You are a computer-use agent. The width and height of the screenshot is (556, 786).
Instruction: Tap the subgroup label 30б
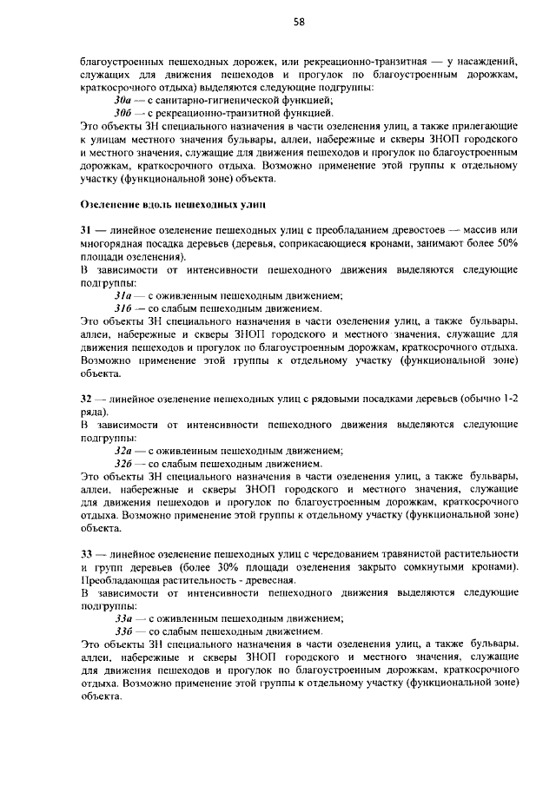123,113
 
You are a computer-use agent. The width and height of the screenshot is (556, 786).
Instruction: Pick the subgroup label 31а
123,294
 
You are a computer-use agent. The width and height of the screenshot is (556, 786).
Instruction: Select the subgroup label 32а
123,451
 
